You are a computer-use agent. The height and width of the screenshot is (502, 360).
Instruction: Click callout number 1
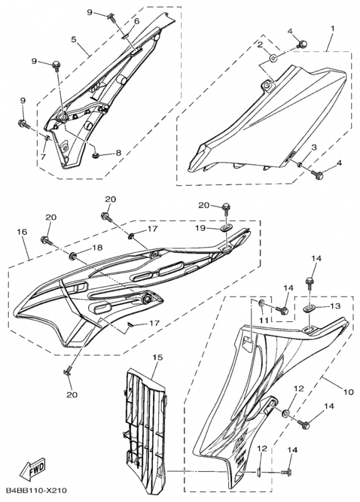332,29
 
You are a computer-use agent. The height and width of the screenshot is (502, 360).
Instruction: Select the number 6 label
136,21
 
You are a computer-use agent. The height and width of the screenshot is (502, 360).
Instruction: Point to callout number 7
43,154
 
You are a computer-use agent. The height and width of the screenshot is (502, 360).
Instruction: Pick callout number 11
263,320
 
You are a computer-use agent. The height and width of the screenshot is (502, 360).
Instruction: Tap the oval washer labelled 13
310,308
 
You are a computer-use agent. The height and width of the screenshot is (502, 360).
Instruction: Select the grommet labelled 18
73,256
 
